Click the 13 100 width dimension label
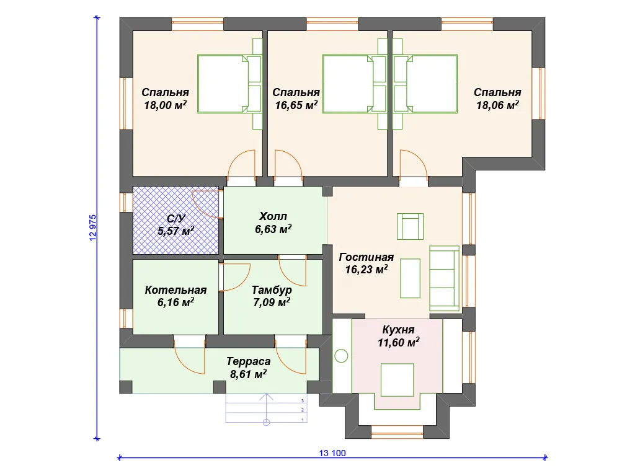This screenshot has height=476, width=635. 332,453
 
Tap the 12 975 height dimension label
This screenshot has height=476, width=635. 93,228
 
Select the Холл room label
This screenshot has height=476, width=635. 273,216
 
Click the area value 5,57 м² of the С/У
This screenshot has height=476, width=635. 175,231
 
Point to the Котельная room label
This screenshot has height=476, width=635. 175,290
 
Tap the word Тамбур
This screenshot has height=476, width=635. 272,290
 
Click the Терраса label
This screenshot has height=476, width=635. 248,361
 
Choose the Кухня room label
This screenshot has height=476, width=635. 399,330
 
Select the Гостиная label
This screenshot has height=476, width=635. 366,257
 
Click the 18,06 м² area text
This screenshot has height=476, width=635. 497,105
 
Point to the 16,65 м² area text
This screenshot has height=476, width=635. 296,105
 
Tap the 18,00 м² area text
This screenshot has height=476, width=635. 165,105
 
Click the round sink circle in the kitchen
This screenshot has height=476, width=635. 342,356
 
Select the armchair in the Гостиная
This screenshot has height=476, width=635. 411,227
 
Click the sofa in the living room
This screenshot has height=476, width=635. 444,278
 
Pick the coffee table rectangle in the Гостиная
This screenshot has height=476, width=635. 411,278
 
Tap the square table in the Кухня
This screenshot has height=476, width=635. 397,380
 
